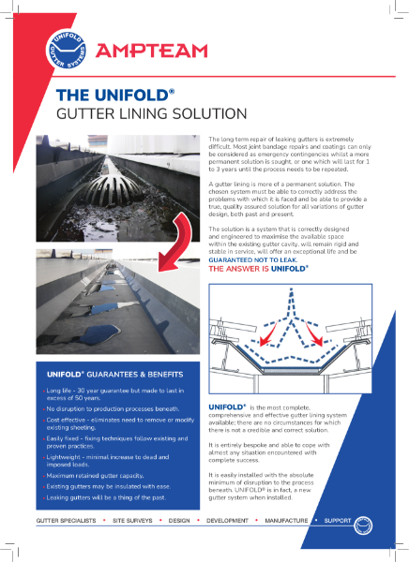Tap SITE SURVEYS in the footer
coord(133,518)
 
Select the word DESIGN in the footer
coord(183,518)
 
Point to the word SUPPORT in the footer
coord(342,518)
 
